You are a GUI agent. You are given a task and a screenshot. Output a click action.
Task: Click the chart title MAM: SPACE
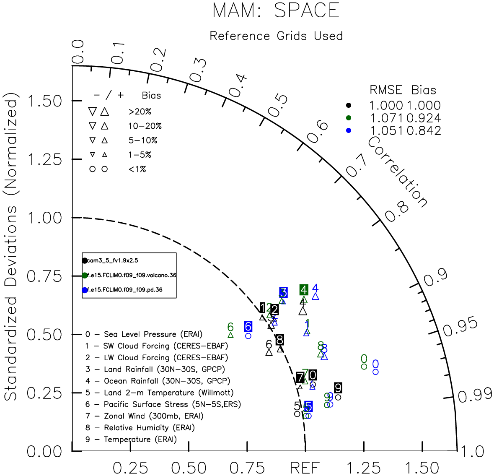point(276,10)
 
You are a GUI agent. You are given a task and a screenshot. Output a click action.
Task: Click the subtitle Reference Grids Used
point(276,36)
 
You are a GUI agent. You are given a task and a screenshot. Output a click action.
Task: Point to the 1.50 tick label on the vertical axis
point(44,101)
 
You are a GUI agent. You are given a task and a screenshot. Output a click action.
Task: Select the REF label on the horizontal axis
point(305,468)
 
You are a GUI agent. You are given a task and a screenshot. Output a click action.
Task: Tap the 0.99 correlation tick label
point(475,395)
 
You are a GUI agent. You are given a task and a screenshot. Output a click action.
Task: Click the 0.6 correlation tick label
point(318,132)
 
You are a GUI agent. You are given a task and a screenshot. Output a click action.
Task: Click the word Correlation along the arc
point(398,172)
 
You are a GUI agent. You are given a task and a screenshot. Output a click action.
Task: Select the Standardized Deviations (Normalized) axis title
point(11,250)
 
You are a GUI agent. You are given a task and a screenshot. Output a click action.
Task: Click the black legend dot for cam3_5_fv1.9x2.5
point(85,260)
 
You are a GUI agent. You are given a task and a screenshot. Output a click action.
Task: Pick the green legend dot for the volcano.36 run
point(85,275)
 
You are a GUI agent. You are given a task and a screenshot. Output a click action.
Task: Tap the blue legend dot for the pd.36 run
point(85,290)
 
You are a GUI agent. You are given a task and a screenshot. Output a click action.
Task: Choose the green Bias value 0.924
point(424,118)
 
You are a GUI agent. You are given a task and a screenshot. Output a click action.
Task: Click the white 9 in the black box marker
point(338,388)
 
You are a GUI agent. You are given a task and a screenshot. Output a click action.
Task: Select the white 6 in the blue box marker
point(248,326)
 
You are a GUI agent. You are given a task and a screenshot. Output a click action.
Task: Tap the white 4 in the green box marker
point(304,289)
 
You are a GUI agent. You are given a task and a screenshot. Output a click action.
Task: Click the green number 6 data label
point(230,327)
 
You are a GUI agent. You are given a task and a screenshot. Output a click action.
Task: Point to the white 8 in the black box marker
point(280,340)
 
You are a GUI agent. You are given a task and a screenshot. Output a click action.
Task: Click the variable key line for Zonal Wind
point(144,416)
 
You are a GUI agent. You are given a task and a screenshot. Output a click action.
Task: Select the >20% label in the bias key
point(140,112)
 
